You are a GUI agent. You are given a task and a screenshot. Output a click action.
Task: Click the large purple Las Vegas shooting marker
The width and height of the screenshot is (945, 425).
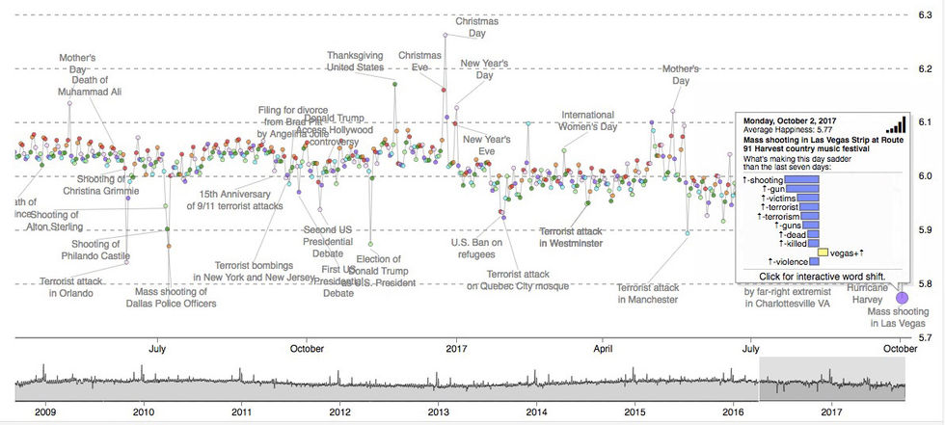(x=903, y=297)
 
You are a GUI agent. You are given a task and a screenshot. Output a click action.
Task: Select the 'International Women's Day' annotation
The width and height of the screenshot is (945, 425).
(x=588, y=120)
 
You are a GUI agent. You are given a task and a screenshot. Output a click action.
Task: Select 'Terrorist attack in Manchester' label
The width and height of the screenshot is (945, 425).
(x=647, y=293)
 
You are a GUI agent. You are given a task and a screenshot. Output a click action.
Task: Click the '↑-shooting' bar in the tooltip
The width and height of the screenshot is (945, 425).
(x=800, y=179)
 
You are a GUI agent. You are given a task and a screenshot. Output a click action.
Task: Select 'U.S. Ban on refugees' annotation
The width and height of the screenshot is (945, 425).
(x=477, y=249)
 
